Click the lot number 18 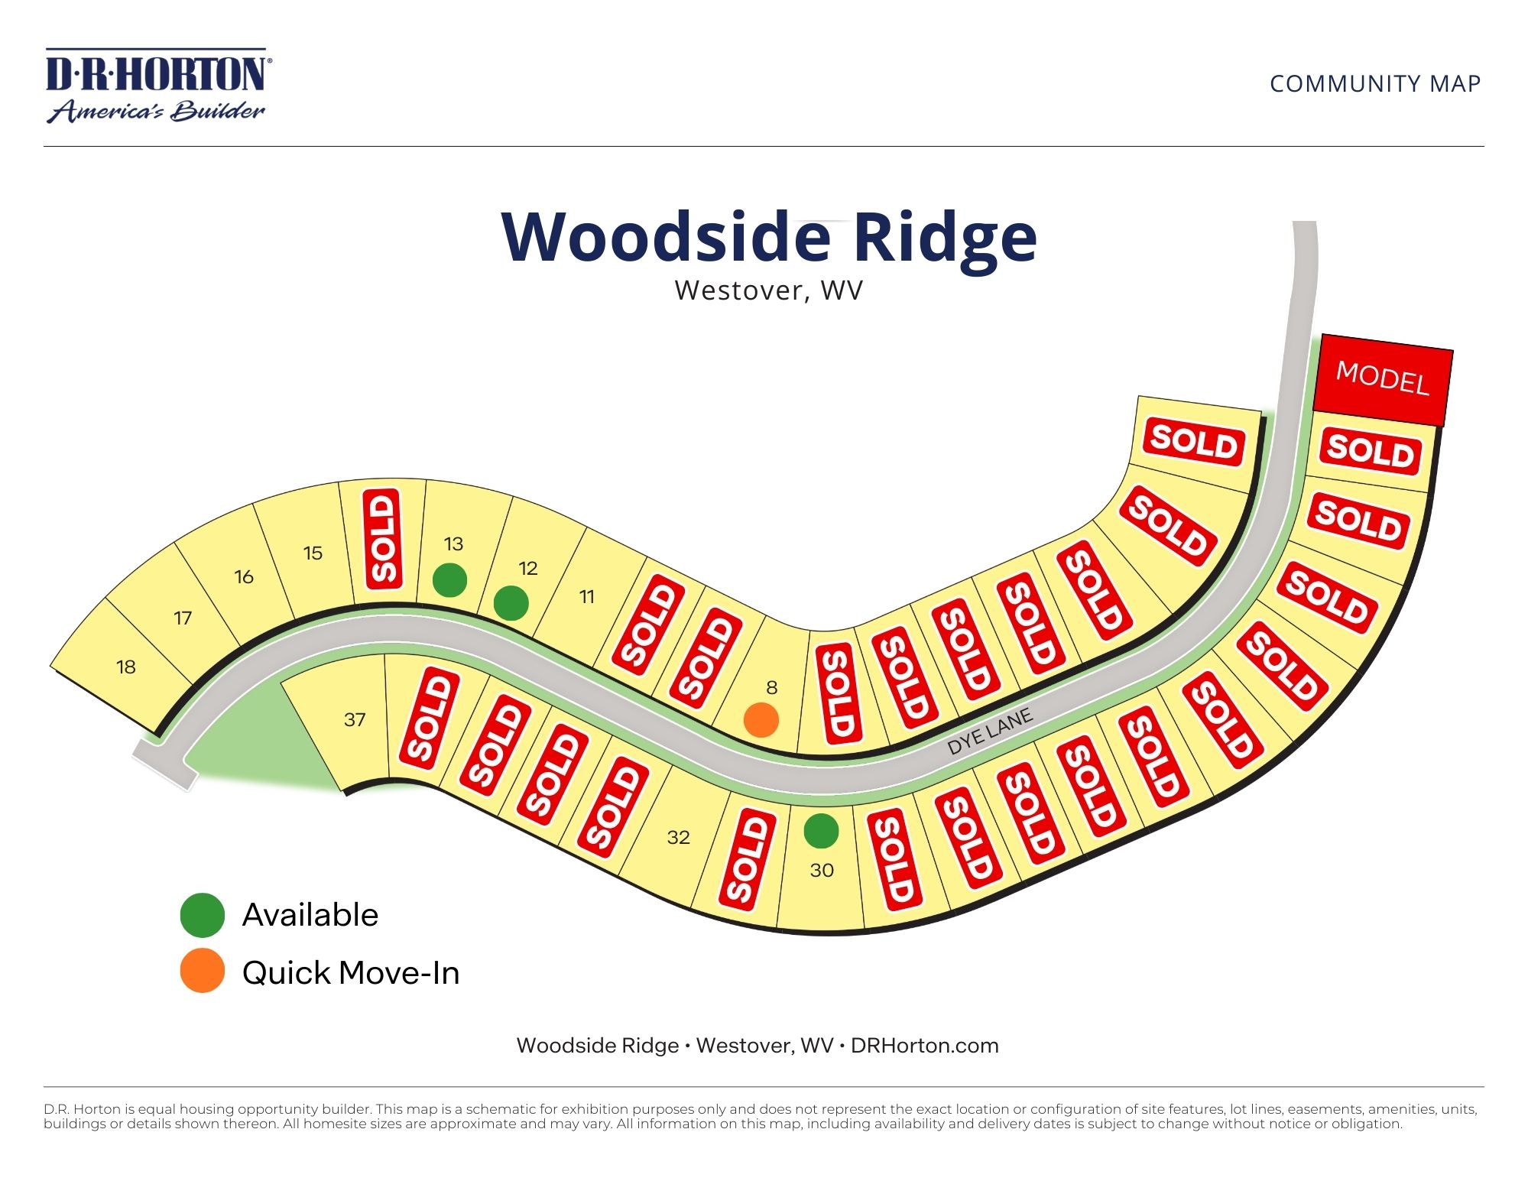pyautogui.click(x=126, y=667)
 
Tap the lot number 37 pyautogui.click(x=355, y=720)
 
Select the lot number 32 pyautogui.click(x=678, y=838)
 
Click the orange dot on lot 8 pyautogui.click(x=761, y=720)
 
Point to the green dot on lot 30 pyautogui.click(x=821, y=831)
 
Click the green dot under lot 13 pyautogui.click(x=449, y=580)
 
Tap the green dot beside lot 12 pyautogui.click(x=511, y=603)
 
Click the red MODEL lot pyautogui.click(x=1382, y=379)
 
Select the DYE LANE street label pyautogui.click(x=989, y=732)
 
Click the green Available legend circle pyautogui.click(x=202, y=915)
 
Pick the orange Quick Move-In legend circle pyautogui.click(x=202, y=972)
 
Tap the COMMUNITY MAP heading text pyautogui.click(x=1374, y=83)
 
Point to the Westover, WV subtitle pyautogui.click(x=768, y=290)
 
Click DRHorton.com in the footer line pyautogui.click(x=924, y=1046)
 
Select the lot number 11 pyautogui.click(x=586, y=597)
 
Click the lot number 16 pyautogui.click(x=244, y=577)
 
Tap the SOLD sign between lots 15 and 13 pyautogui.click(x=383, y=539)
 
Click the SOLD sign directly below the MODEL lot pyautogui.click(x=1370, y=451)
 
